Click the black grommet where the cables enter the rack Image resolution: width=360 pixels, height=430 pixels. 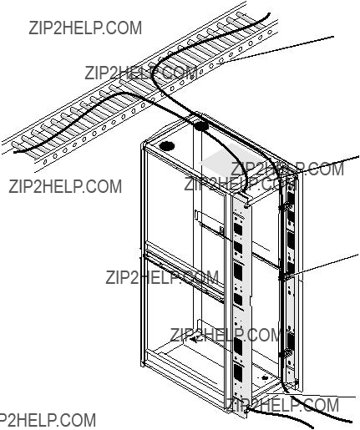click(201, 127)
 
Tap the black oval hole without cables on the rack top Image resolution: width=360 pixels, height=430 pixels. click(167, 146)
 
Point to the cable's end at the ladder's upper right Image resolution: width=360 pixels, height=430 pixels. click(269, 13)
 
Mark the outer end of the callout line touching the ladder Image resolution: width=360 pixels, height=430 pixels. click(333, 37)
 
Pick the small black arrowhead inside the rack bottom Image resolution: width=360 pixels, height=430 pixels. click(194, 339)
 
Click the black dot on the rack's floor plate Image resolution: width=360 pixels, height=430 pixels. click(265, 377)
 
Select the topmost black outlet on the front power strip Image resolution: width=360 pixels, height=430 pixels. click(237, 229)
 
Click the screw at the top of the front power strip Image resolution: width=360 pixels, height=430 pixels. click(246, 206)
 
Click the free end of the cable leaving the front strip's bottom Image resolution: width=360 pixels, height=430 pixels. click(312, 427)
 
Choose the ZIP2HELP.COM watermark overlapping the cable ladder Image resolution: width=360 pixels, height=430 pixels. click(141, 73)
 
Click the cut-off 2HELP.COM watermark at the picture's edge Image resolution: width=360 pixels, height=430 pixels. click(47, 420)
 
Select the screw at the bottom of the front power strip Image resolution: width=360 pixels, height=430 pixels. click(246, 410)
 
